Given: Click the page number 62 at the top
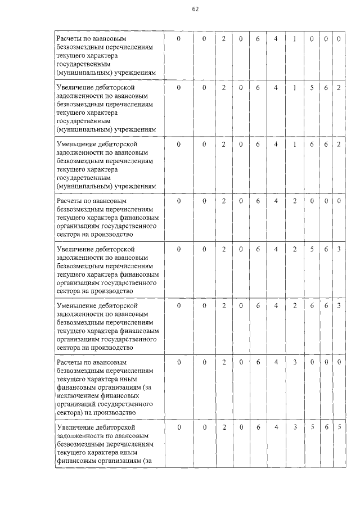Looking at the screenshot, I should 196,9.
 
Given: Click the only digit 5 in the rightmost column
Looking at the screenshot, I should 339,427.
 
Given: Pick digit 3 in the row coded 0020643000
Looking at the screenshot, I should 294,362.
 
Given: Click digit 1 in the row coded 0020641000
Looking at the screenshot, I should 294,38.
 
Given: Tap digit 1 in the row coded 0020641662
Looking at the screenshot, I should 294,144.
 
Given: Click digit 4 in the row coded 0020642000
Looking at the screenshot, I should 276,200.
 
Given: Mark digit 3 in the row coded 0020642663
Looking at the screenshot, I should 339,305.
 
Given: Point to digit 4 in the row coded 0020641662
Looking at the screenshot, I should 276,144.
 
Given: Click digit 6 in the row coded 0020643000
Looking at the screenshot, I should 258,362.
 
